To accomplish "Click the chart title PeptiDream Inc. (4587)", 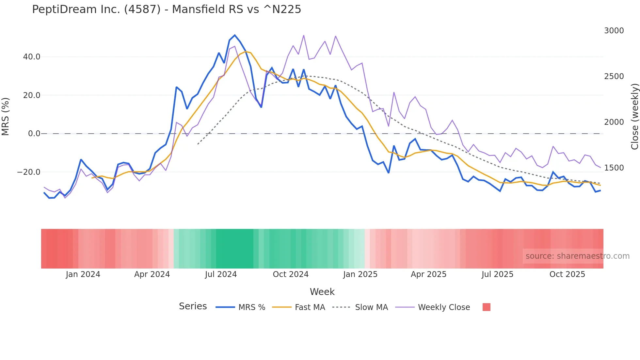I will coord(166,9).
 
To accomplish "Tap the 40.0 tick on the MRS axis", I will coord(32,57).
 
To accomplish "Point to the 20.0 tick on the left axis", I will coord(32,95).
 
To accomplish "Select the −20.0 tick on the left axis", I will coord(29,172).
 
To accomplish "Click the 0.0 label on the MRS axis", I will coord(34,134).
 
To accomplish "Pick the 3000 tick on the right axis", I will coord(614,31).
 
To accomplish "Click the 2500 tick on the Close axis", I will coord(614,76).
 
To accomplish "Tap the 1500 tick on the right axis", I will coord(614,168).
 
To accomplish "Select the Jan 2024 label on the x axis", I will coord(83,274).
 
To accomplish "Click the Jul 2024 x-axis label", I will coord(221,274).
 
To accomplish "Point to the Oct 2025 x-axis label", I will coord(567,274).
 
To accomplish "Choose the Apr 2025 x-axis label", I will coord(428,274).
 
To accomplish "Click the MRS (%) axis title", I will coord(6,117).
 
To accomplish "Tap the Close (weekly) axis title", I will coord(634,117).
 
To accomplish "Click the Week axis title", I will coord(322,292).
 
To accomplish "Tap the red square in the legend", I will coord(486,307).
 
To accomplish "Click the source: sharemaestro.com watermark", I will coord(577,256).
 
